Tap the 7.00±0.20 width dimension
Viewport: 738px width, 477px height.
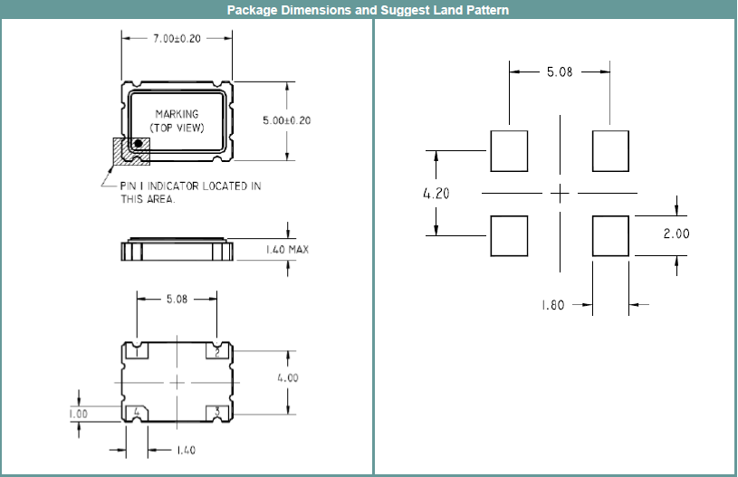pyautogui.click(x=177, y=39)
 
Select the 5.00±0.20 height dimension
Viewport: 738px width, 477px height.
pyautogui.click(x=285, y=120)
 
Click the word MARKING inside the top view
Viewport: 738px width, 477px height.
pyautogui.click(x=177, y=114)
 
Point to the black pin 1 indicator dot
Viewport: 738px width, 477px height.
pyautogui.click(x=139, y=143)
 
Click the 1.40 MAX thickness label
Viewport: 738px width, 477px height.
pyautogui.click(x=286, y=249)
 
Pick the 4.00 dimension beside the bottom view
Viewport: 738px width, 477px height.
pyautogui.click(x=287, y=378)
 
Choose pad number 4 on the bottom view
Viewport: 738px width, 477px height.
pyautogui.click(x=137, y=413)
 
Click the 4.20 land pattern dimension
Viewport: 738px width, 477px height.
pyautogui.click(x=436, y=193)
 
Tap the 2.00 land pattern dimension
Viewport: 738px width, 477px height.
pyautogui.click(x=676, y=234)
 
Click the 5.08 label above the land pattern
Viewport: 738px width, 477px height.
pyautogui.click(x=559, y=72)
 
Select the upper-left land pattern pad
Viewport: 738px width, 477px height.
pyautogui.click(x=509, y=151)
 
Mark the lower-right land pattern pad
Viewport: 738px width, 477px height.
pyautogui.click(x=610, y=235)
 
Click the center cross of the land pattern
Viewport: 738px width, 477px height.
pyautogui.click(x=561, y=193)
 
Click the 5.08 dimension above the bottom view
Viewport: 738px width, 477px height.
pyautogui.click(x=177, y=299)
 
